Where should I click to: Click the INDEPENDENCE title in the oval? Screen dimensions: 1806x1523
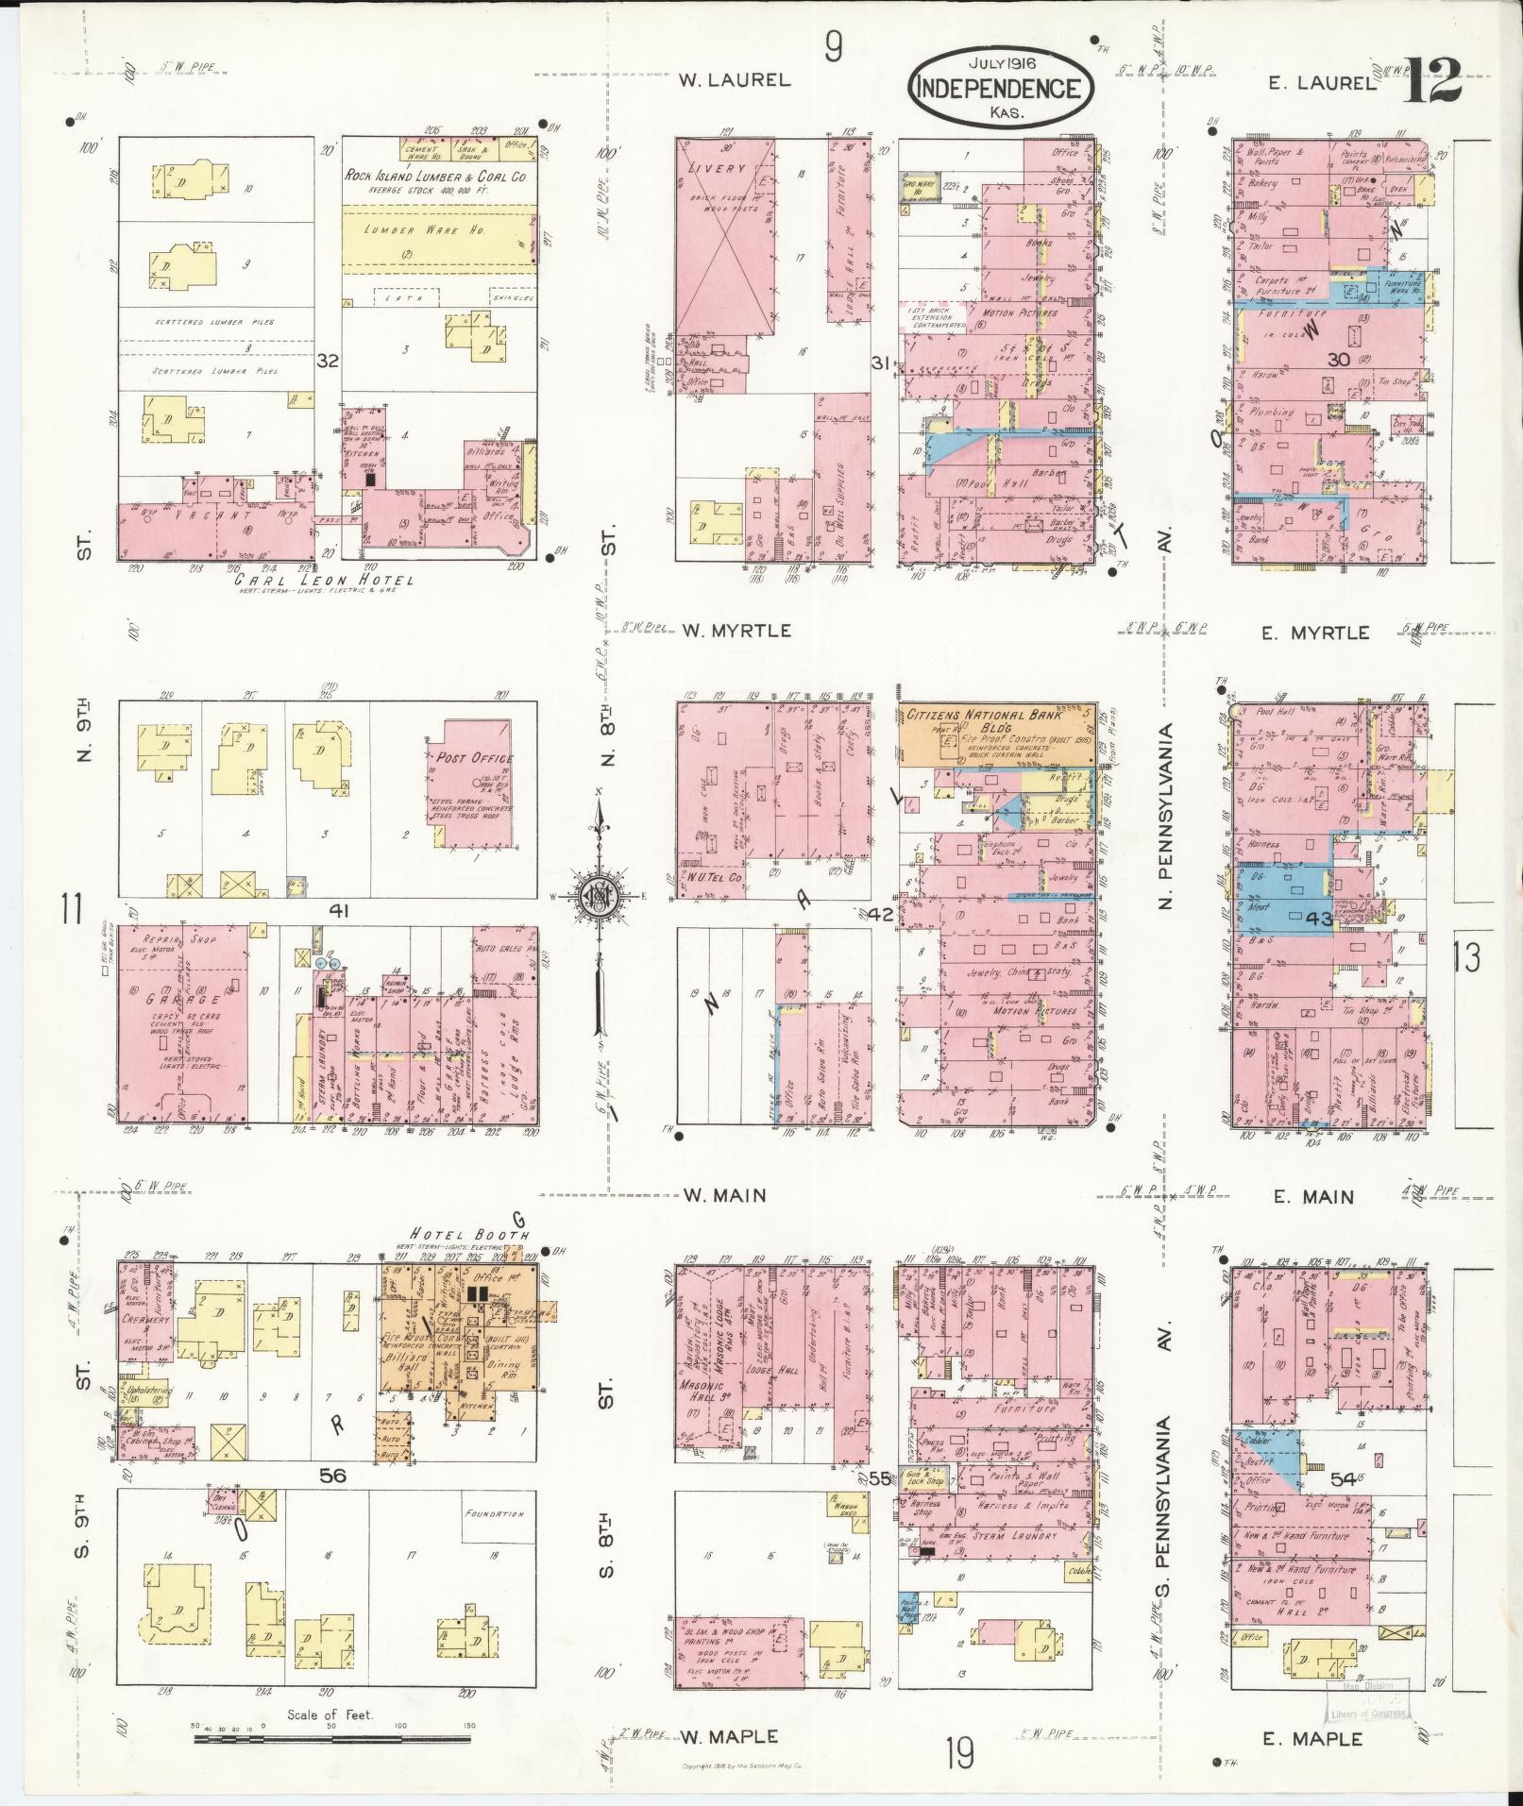coord(1000,88)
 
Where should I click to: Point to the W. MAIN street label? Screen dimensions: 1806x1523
coord(724,1195)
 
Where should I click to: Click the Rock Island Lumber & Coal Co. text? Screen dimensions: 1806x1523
coord(435,177)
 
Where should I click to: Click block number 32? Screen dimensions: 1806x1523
coord(328,361)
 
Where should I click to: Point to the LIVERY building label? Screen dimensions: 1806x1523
coord(722,168)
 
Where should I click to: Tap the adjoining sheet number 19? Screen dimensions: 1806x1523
coord(958,1753)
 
